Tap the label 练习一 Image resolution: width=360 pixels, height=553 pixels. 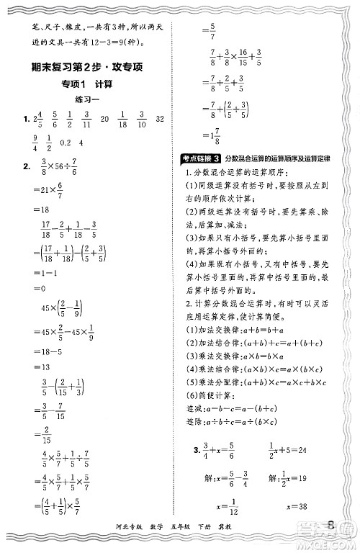pos(87,104)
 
